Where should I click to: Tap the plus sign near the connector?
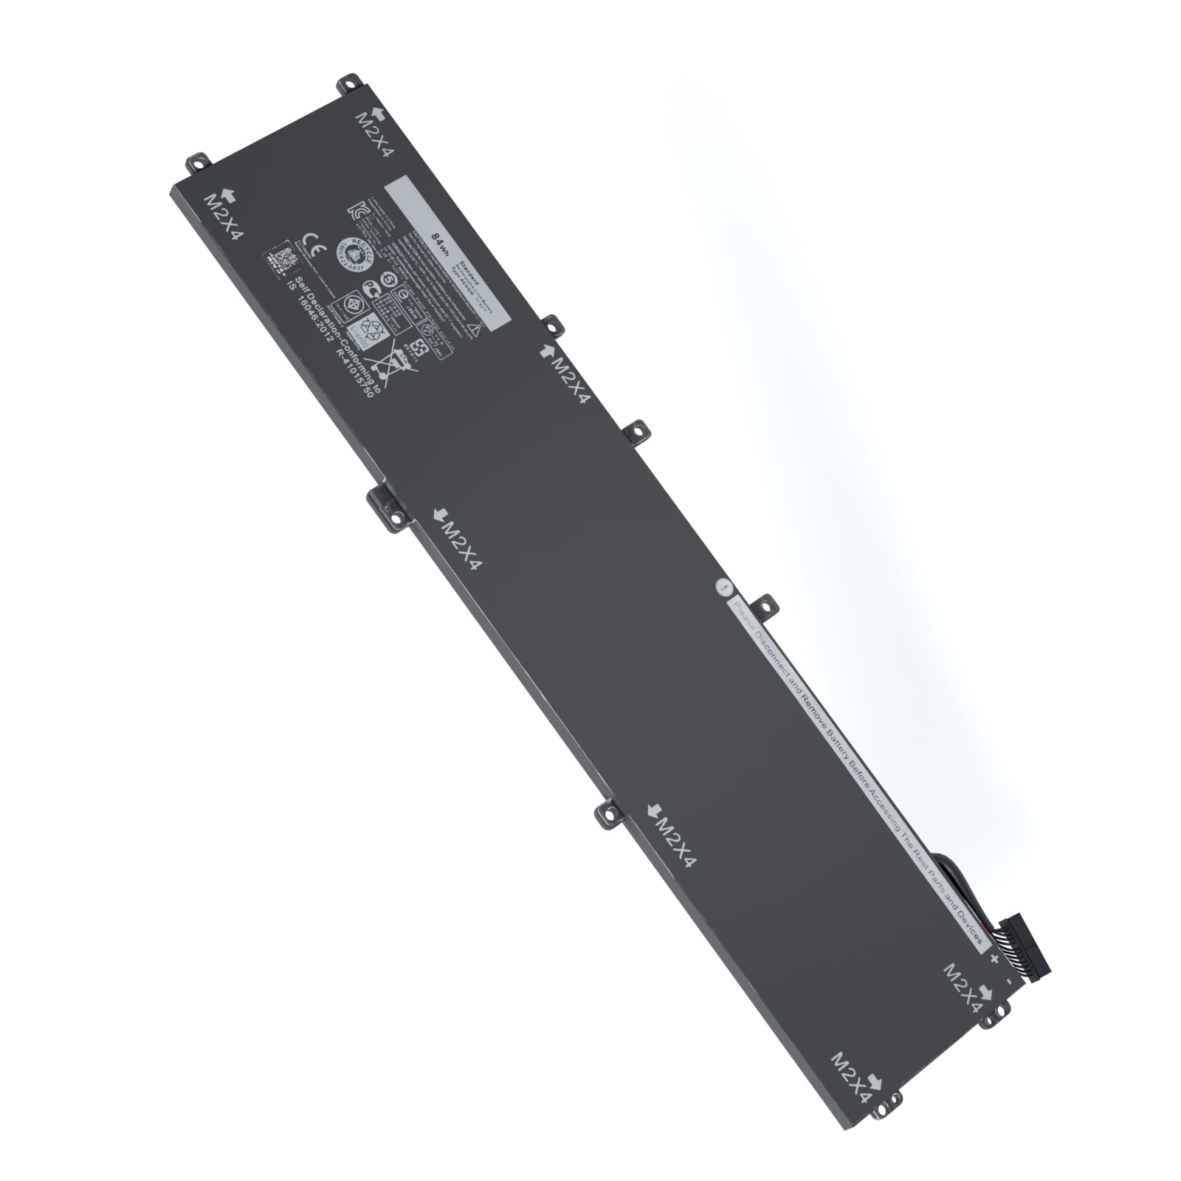(x=994, y=960)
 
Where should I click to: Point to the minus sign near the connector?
(x=1009, y=982)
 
